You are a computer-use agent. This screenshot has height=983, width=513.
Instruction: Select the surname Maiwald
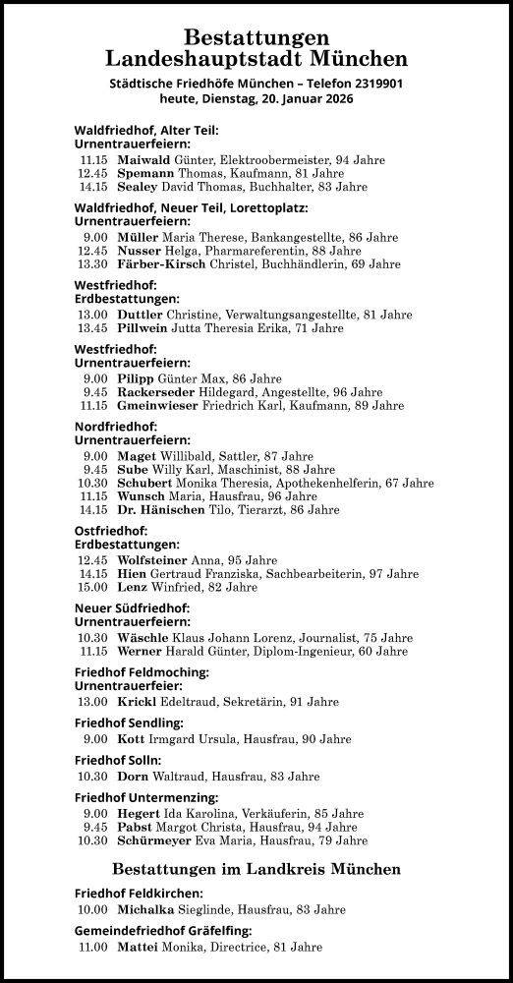click(142, 158)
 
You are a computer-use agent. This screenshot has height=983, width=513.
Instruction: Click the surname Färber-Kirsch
click(161, 263)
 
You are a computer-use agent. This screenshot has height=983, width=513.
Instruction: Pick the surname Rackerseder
click(156, 391)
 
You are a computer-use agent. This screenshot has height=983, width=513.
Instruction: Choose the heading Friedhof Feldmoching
click(142, 671)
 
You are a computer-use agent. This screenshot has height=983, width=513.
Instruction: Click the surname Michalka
click(144, 909)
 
